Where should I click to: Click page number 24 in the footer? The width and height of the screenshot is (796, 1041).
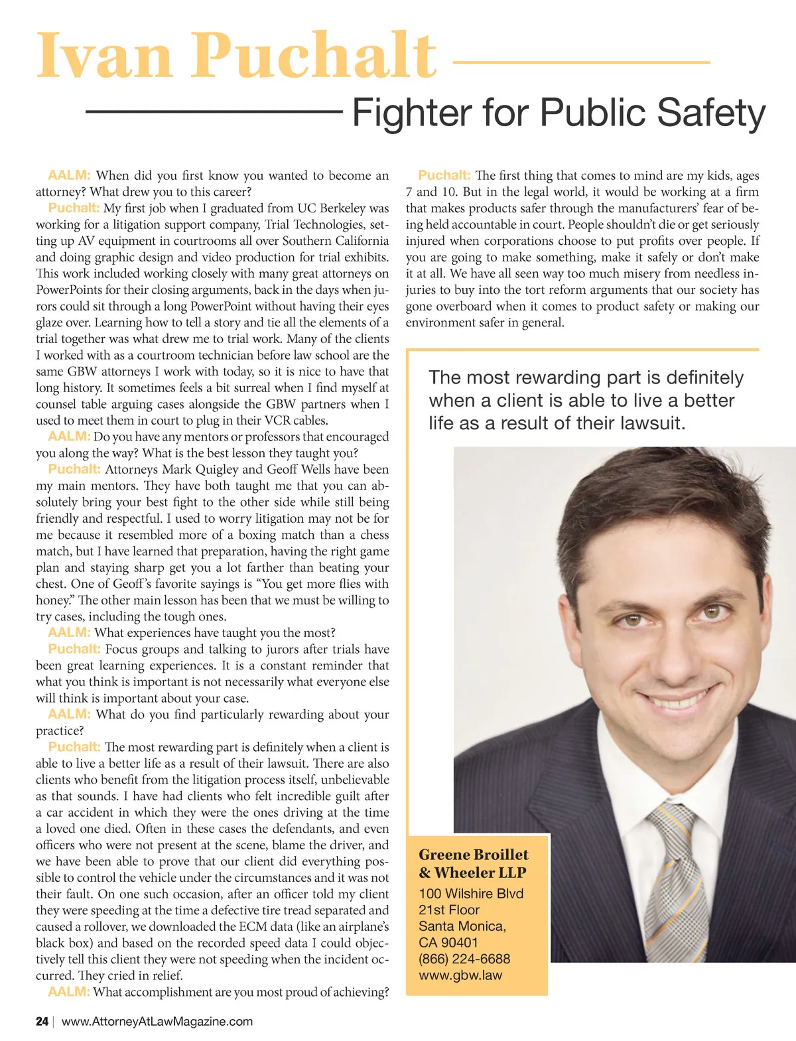42,1022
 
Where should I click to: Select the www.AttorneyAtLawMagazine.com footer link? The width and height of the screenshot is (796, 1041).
157,1022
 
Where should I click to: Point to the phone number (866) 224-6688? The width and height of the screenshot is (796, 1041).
464,959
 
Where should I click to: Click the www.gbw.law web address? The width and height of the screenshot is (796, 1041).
460,975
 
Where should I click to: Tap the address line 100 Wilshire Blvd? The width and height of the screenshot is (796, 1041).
471,894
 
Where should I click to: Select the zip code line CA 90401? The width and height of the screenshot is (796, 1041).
448,942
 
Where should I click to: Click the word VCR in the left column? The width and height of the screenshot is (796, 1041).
278,421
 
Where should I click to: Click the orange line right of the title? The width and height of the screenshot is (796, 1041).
581,62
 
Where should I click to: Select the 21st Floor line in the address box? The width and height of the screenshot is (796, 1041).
449,910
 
